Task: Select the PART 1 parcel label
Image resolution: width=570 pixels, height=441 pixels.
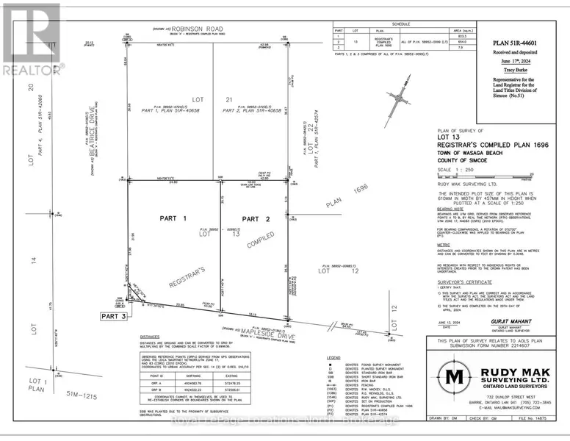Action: pos(175,218)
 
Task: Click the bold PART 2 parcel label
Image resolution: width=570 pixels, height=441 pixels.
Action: pos(257,218)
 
